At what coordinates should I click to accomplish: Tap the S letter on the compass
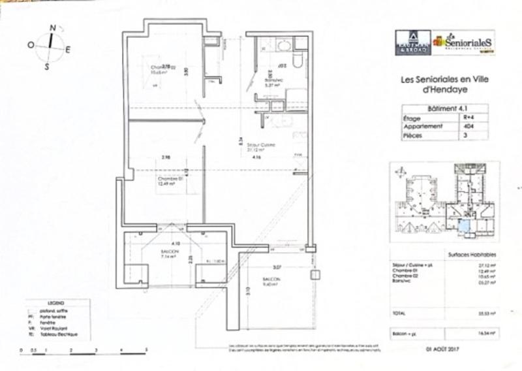[47, 66]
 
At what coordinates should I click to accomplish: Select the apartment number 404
[465, 127]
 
